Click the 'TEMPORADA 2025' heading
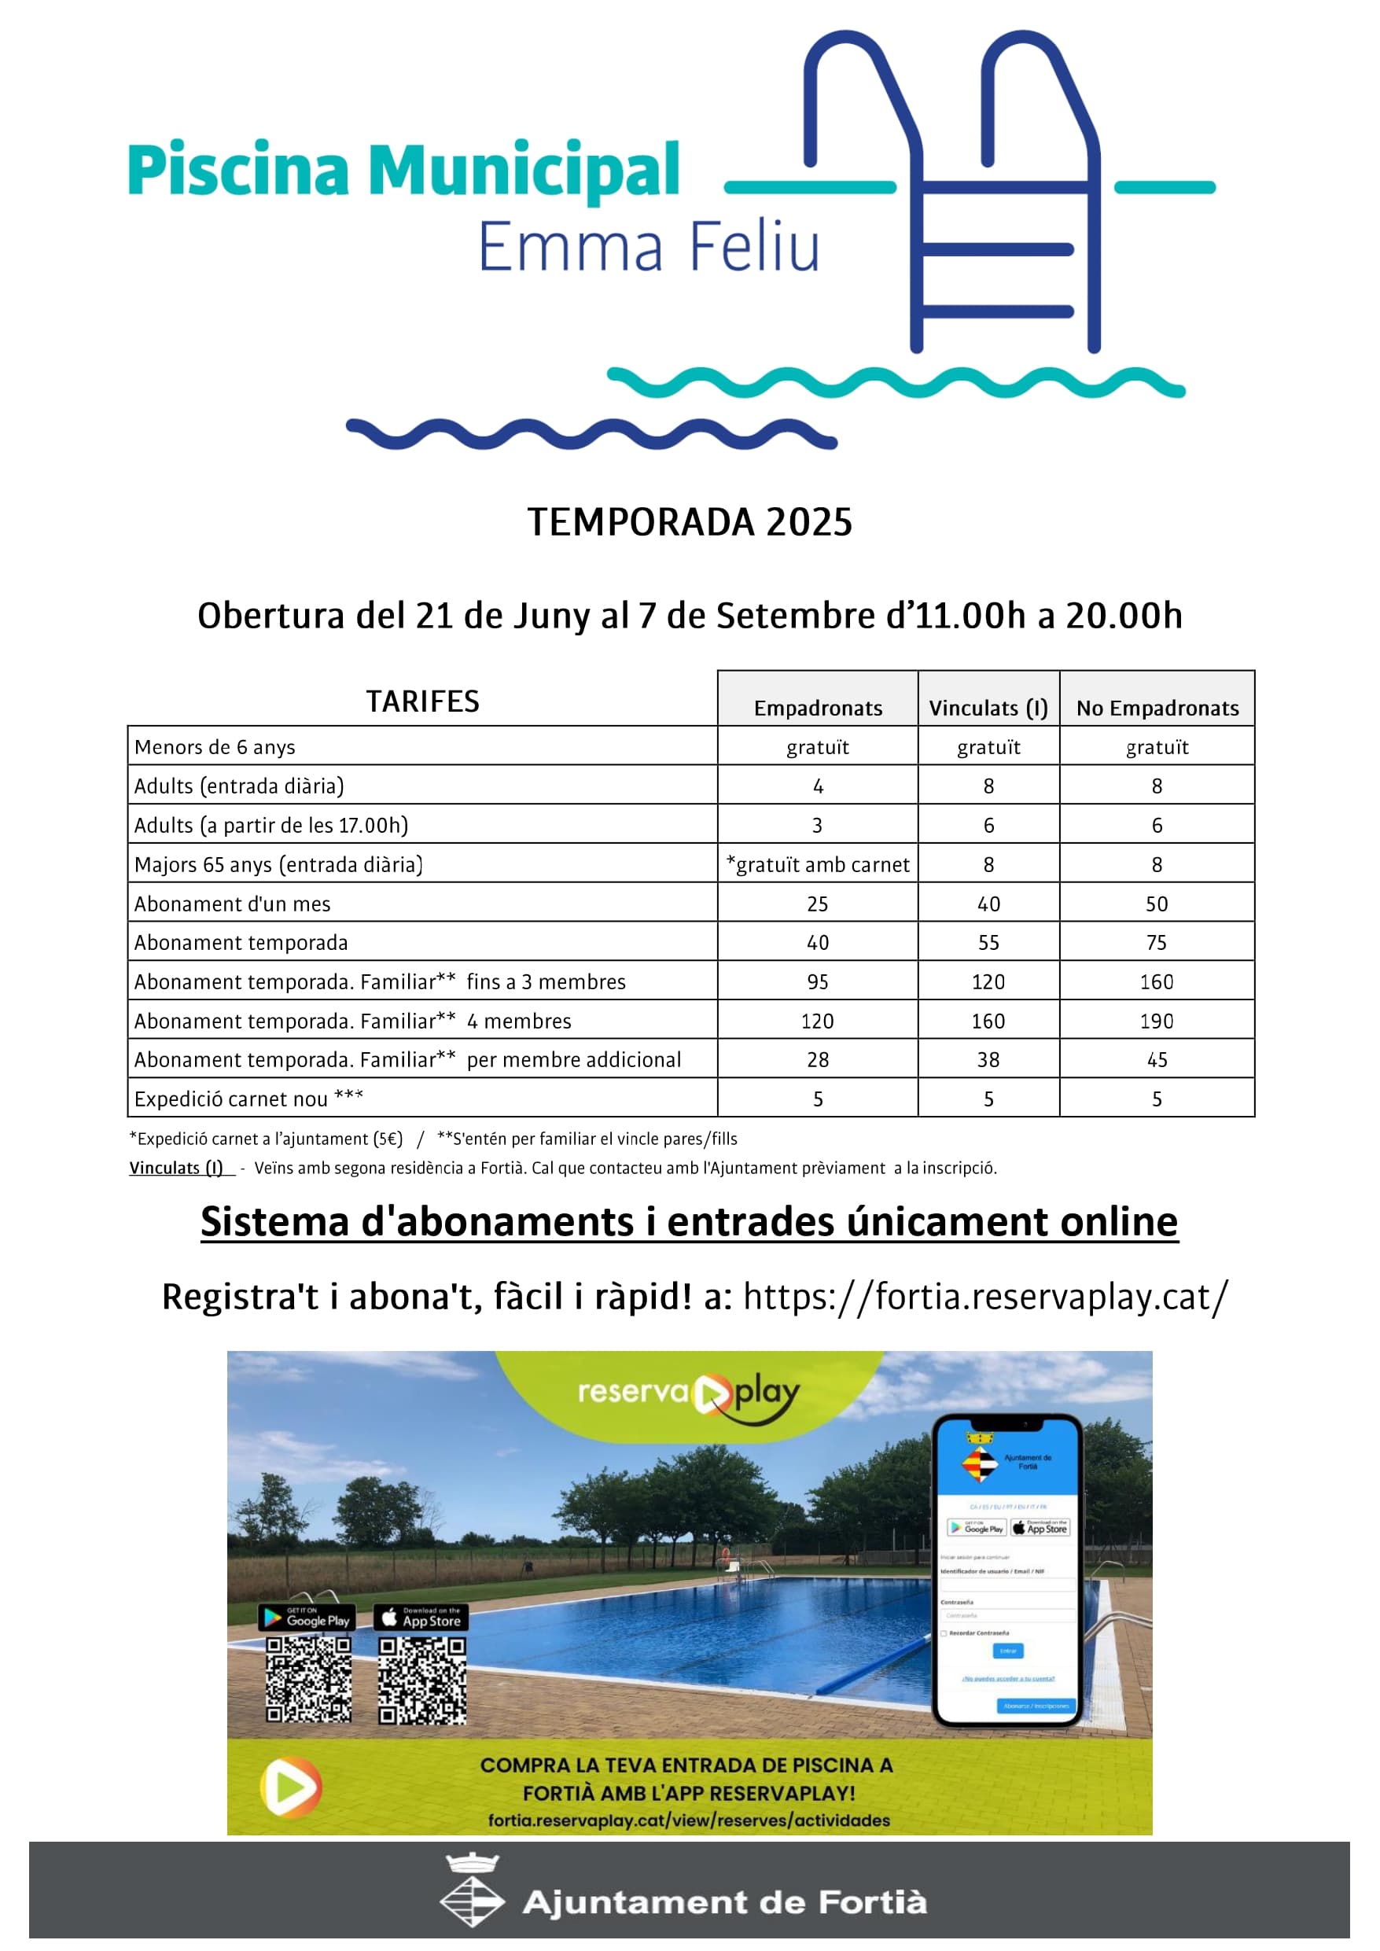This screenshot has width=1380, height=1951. (689, 521)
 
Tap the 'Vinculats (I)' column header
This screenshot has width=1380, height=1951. (988, 708)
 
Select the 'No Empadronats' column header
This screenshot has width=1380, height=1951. (1157, 708)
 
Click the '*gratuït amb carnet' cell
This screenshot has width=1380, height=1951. (818, 864)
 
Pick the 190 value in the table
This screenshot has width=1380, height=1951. (1157, 1021)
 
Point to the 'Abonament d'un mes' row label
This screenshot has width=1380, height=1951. (232, 904)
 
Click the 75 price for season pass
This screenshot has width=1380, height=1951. (1157, 942)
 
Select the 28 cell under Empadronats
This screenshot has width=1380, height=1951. (818, 1059)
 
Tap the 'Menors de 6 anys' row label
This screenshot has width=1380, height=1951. (214, 747)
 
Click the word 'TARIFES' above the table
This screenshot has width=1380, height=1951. (422, 701)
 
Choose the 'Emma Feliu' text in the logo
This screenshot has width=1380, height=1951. (650, 246)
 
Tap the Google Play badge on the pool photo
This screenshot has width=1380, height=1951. (307, 1617)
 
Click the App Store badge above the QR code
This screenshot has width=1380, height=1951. (421, 1617)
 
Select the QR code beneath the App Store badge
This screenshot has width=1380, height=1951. (421, 1680)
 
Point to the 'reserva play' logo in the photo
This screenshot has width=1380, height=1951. (688, 1394)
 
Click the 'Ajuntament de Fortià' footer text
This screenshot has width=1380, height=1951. (724, 1901)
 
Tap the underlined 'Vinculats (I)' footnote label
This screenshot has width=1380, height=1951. (176, 1168)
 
